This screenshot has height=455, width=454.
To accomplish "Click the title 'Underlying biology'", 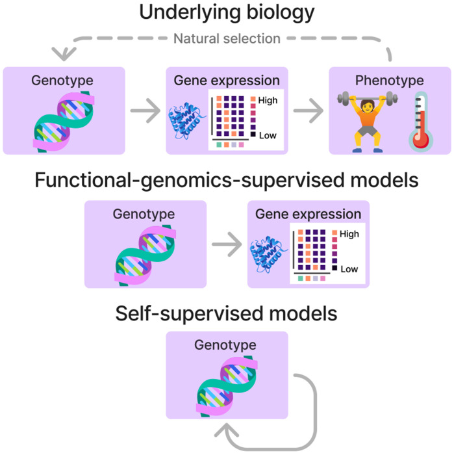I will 227,12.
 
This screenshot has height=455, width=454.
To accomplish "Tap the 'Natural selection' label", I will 227,38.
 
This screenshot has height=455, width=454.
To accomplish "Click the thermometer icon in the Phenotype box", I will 420,122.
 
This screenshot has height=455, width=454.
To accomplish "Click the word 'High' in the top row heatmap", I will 268,101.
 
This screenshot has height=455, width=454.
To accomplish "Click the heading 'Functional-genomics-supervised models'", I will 227,180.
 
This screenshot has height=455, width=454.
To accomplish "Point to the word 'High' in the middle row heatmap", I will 349,234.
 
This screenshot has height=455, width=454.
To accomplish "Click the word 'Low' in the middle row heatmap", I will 349,269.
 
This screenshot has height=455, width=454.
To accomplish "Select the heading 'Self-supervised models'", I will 227,314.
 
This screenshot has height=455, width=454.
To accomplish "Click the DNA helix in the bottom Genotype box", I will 227,386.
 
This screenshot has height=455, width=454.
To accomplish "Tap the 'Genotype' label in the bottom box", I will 227,344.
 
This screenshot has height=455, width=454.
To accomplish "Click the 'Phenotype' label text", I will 389,81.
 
